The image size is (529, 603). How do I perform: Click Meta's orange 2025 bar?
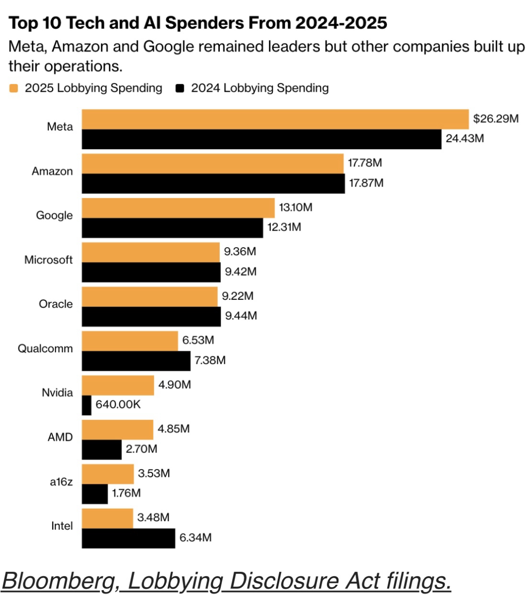click(275, 119)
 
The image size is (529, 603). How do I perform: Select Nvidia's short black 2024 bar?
click(87, 405)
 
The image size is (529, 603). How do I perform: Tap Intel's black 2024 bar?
click(128, 538)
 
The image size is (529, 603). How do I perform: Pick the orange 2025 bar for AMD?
click(118, 429)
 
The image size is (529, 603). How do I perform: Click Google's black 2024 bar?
click(172, 228)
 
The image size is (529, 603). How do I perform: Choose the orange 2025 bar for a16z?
click(108, 474)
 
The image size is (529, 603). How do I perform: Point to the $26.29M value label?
click(495, 119)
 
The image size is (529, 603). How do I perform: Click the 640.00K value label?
click(118, 405)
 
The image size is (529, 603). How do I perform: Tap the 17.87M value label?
click(366, 183)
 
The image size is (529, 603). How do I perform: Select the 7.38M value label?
click(210, 360)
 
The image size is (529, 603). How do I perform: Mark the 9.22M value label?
click(237, 296)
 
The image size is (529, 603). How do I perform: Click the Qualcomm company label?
click(45, 349)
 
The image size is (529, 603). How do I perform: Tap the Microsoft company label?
click(48, 260)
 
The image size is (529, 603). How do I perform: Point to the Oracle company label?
click(56, 304)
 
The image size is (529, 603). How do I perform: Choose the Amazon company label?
click(52, 171)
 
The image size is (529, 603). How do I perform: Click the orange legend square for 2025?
click(13, 88)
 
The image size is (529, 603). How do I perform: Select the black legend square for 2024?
click(180, 88)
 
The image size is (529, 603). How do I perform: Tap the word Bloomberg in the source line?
click(60, 581)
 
